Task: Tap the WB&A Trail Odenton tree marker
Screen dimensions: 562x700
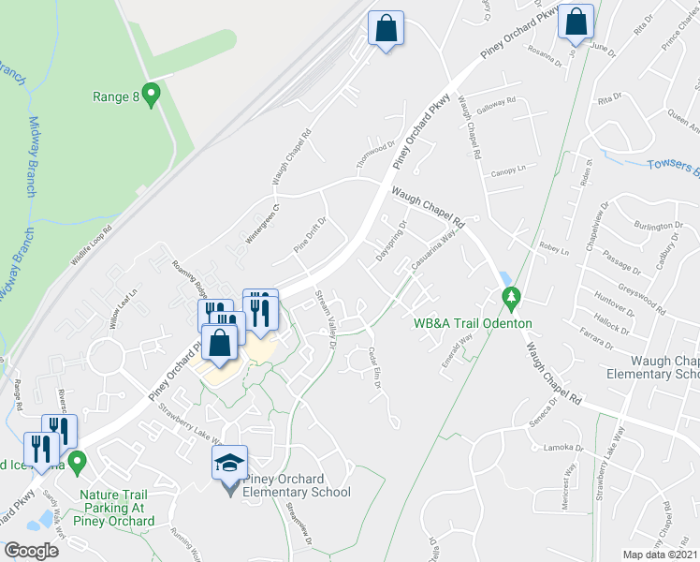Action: pos(511,300)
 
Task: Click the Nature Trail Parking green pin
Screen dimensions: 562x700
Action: pos(79,461)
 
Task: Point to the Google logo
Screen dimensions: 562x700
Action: pos(31,551)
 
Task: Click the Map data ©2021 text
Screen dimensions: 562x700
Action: pos(660,555)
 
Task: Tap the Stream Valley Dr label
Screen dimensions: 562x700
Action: pos(326,321)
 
